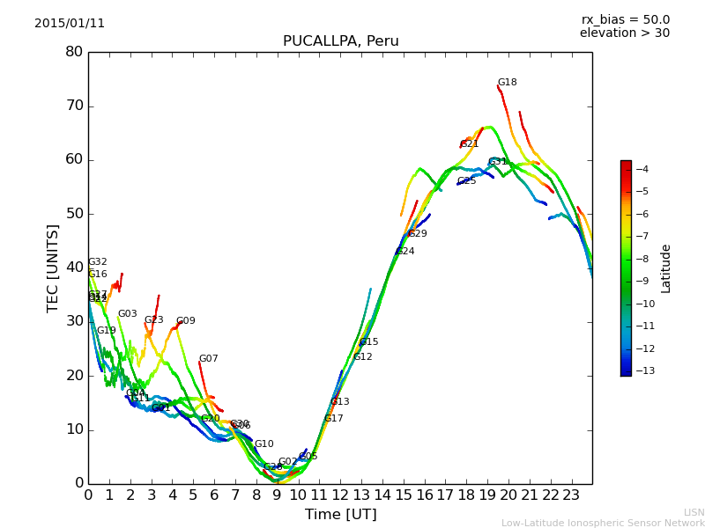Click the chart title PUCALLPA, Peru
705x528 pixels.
[x=340, y=41]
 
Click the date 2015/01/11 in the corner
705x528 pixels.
[x=70, y=24]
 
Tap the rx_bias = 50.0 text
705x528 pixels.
[x=625, y=20]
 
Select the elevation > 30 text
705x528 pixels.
[x=624, y=33]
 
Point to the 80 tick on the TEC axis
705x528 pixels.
[x=74, y=52]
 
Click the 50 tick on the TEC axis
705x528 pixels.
[x=74, y=214]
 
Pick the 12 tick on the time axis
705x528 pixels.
[x=340, y=495]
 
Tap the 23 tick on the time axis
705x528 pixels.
[x=571, y=495]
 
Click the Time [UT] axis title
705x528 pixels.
[x=340, y=515]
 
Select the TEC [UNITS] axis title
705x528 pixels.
[x=53, y=268]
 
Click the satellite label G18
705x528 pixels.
[x=507, y=83]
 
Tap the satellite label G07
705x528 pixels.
[x=208, y=359]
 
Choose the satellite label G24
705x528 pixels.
[x=404, y=252]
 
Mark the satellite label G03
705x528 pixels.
[x=128, y=314]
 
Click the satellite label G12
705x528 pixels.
[x=363, y=357]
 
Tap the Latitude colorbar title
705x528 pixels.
[x=666, y=268]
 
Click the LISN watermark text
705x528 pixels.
[x=694, y=512]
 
